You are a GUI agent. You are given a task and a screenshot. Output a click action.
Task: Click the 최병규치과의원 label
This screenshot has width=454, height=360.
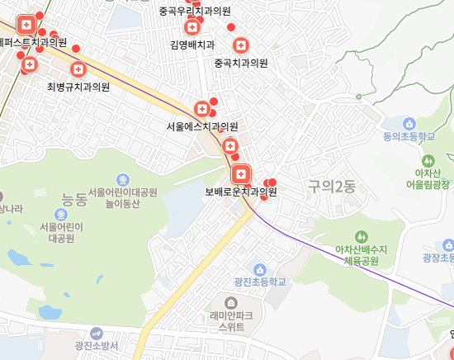coord(78,86)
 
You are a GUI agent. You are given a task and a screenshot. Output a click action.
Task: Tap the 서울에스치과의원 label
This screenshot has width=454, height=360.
coord(202,126)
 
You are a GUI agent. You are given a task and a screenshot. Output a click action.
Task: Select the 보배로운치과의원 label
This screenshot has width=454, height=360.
coord(241,192)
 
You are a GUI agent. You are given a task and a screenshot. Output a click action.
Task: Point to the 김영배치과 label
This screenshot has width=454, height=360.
coord(192,45)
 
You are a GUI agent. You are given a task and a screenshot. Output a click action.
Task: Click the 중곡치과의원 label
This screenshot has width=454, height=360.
coord(241,63)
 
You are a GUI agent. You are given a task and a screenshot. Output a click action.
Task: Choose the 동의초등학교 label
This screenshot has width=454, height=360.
coord(409,137)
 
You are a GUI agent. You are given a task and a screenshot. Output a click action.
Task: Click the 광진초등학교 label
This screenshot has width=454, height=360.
coord(259,282)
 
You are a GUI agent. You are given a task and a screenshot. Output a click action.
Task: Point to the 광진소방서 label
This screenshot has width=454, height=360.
coord(97,346)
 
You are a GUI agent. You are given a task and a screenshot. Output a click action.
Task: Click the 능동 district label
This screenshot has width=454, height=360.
coord(74,199)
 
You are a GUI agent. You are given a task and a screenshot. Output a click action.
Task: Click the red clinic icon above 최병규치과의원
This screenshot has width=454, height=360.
coord(78,69)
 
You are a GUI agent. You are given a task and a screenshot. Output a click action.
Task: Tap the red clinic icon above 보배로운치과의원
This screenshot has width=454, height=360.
coord(240,174)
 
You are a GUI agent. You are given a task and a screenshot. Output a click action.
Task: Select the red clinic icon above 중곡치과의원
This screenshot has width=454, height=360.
coord(241,45)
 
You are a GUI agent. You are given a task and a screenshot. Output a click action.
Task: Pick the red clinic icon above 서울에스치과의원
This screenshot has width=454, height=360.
coord(201,108)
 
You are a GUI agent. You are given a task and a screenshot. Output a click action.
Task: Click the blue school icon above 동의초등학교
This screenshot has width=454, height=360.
coord(409,123)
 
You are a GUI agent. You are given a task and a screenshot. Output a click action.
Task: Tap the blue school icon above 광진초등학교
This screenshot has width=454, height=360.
coord(259,269)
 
